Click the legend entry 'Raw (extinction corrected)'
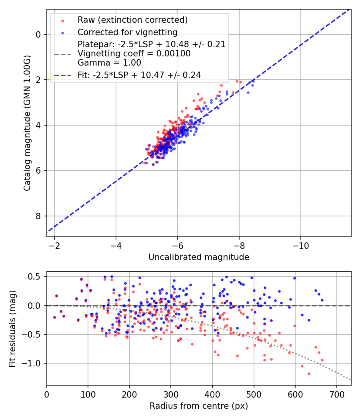pyautogui.click(x=132, y=20)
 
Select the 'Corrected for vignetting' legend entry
pyautogui.click(x=127, y=32)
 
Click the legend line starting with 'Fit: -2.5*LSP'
pyautogui.click(x=139, y=75)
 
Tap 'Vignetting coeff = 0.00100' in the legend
pyautogui.click(x=134, y=54)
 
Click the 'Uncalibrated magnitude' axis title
pyautogui.click(x=199, y=257)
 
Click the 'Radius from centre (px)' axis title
pyautogui.click(x=199, y=406)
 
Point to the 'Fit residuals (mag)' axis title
pyautogui.click(x=12, y=328)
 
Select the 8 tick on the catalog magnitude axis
pyautogui.click(x=38, y=216)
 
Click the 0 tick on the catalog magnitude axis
pyautogui.click(x=38, y=34)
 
